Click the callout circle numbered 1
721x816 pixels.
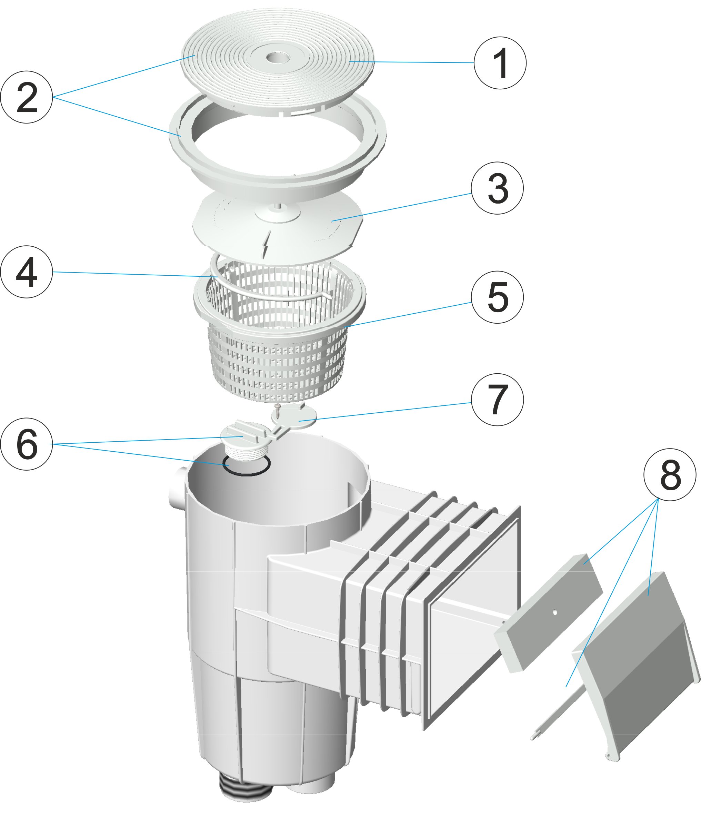(x=500, y=63)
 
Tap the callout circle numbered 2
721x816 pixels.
(x=26, y=97)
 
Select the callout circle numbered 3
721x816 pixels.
(x=497, y=188)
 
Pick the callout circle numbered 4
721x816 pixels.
(x=26, y=272)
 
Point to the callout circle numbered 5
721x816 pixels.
(x=497, y=297)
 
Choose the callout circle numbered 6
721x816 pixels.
(x=26, y=444)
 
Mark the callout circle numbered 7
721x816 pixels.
(x=497, y=400)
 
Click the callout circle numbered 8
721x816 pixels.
(x=670, y=475)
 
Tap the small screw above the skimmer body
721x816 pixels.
(x=278, y=411)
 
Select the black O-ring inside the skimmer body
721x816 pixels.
(x=246, y=466)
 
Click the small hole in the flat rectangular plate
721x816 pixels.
(x=554, y=612)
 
